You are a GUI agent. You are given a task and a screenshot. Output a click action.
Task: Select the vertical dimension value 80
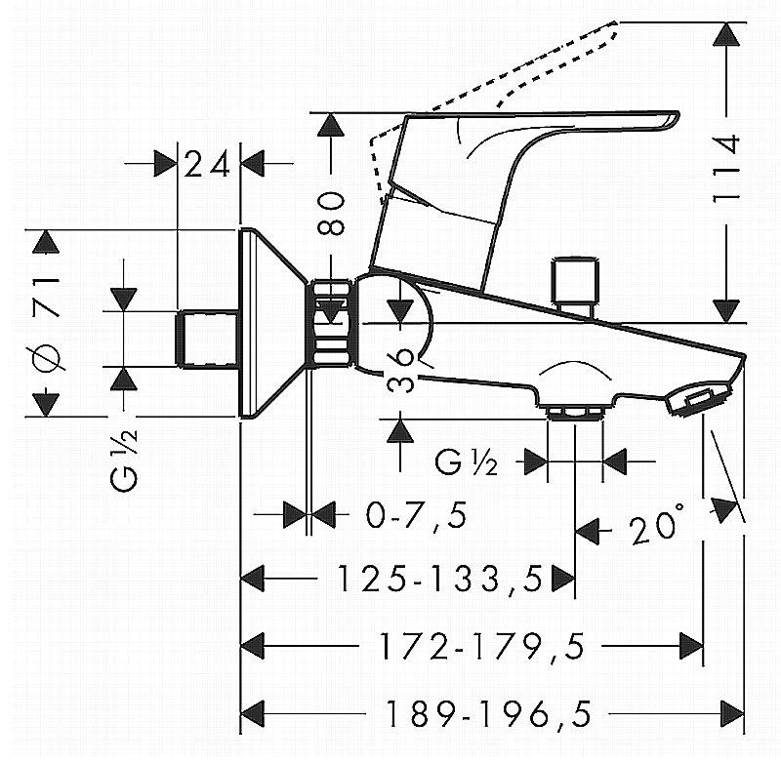click(x=333, y=214)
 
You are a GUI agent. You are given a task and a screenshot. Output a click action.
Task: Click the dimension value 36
click(x=406, y=370)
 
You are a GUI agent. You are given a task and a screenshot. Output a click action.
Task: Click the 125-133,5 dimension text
click(x=439, y=580)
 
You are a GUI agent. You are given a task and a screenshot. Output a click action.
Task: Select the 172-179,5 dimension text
click(x=473, y=644)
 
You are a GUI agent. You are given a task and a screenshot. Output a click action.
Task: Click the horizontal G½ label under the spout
click(x=467, y=462)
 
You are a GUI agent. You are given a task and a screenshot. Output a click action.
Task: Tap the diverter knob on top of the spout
click(x=575, y=285)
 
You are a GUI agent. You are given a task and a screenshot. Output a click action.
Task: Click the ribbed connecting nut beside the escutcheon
click(x=331, y=324)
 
